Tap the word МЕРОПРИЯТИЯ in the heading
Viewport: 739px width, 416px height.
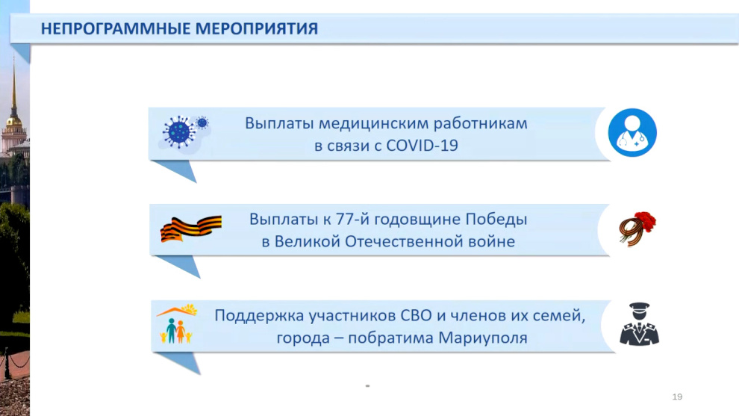click(x=256, y=29)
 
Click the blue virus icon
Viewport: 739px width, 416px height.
click(x=184, y=132)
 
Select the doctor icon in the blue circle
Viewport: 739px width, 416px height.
click(x=632, y=133)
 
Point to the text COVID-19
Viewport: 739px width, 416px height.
click(x=422, y=146)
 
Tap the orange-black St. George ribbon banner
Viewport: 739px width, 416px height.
click(x=190, y=229)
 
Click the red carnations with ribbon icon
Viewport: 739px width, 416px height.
click(x=637, y=229)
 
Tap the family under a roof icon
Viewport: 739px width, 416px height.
click(x=177, y=323)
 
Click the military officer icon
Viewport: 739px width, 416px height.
click(x=639, y=324)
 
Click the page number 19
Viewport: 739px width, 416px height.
click(x=677, y=397)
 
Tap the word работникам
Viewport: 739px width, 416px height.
click(x=480, y=124)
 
